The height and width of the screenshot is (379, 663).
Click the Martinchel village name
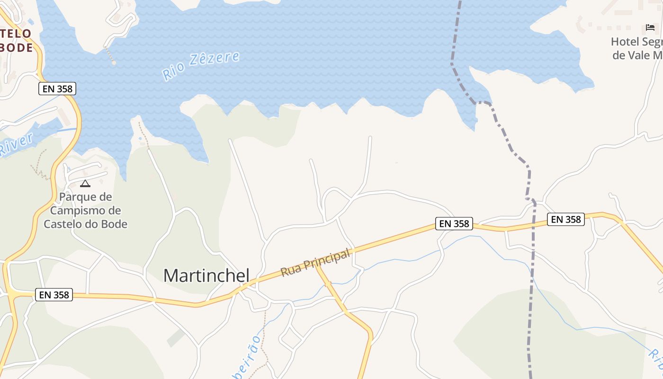pyautogui.click(x=206, y=276)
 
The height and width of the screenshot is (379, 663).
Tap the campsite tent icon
pyautogui.click(x=85, y=183)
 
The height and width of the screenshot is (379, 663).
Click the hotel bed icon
pyautogui.click(x=650, y=27)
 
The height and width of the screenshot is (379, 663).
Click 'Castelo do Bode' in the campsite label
pyautogui.click(x=86, y=224)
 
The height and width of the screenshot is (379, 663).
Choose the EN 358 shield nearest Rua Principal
pyautogui.click(x=454, y=224)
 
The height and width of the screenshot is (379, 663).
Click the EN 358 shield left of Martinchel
pyautogui.click(x=54, y=295)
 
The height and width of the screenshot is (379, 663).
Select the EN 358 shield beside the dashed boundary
pyautogui.click(x=566, y=219)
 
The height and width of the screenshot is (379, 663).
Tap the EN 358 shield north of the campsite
pyautogui.click(x=57, y=89)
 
